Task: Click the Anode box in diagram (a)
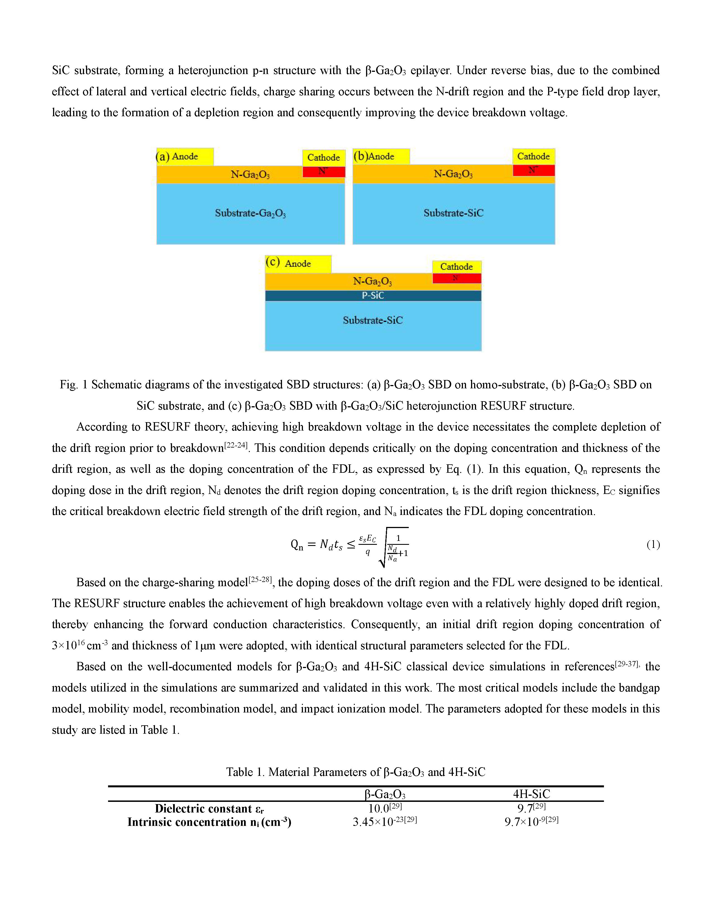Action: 185,157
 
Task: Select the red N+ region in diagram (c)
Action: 457,278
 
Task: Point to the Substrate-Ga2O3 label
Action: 250,213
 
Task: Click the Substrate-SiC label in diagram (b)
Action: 453,213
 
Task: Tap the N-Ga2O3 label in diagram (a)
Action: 250,174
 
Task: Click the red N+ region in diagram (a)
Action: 324,172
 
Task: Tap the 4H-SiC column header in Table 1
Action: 531,794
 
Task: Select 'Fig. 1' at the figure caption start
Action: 73,385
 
